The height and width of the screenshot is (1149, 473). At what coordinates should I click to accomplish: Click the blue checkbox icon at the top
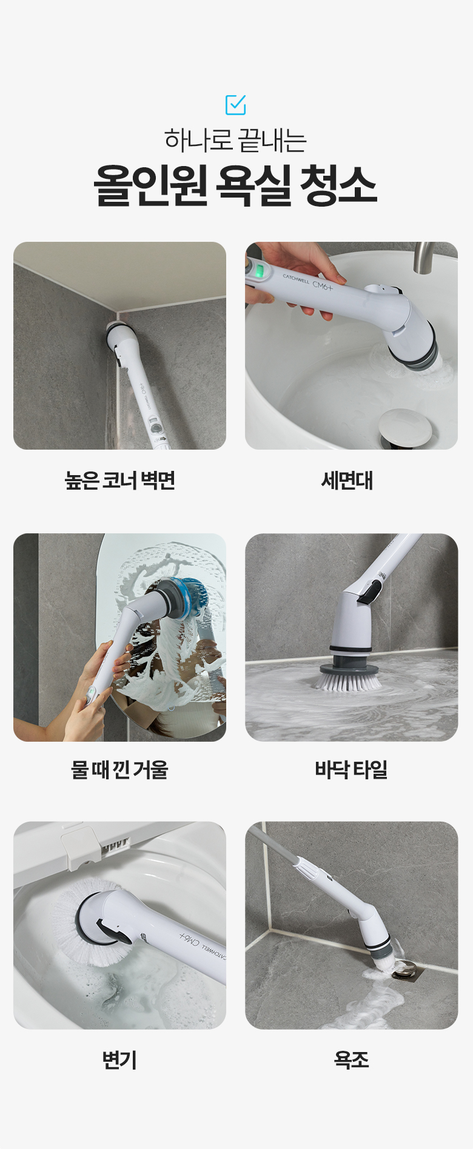(235, 105)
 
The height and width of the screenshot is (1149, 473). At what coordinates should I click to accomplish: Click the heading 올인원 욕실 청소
(235, 185)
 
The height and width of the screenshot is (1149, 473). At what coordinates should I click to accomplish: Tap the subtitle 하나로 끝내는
(235, 140)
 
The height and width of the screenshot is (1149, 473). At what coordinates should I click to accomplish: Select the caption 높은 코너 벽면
(119, 481)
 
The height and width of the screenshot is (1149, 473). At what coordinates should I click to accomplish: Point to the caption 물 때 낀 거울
(119, 770)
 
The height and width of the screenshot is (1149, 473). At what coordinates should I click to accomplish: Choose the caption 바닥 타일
(351, 770)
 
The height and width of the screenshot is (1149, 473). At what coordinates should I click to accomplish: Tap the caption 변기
(119, 1059)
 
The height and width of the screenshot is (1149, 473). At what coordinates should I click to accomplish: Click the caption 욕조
(351, 1059)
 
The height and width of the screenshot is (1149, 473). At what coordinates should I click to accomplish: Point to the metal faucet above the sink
(424, 257)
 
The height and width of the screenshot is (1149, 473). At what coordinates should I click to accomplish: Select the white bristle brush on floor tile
(347, 681)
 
